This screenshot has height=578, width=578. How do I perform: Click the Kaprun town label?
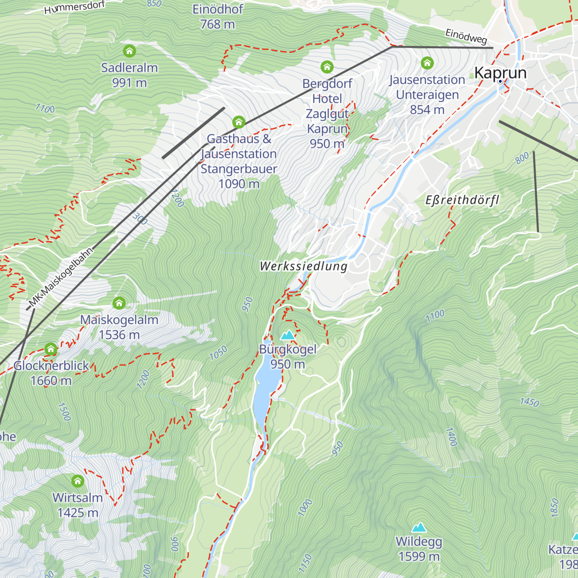pyautogui.click(x=500, y=73)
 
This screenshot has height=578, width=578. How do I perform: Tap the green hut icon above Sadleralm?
pyautogui.click(x=129, y=51)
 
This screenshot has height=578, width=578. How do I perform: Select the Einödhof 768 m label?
pyautogui.click(x=218, y=16)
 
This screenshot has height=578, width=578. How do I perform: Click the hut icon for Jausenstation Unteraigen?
pyautogui.click(x=427, y=63)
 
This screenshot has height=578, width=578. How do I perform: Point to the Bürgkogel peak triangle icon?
pyautogui.click(x=288, y=335)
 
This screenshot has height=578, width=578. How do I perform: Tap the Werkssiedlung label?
pyautogui.click(x=303, y=266)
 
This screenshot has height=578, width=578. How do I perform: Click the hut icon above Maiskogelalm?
pyautogui.click(x=119, y=303)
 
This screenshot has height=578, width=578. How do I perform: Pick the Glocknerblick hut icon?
pyautogui.click(x=51, y=349)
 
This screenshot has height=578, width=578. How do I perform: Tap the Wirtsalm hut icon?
pyautogui.click(x=78, y=481)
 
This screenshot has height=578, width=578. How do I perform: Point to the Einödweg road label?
pyautogui.click(x=466, y=37)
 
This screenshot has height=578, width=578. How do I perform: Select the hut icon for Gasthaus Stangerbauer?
pyautogui.click(x=239, y=122)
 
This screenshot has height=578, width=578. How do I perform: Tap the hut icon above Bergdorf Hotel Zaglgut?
pyautogui.click(x=327, y=66)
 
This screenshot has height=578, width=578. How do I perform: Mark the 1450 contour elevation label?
pyautogui.click(x=529, y=401)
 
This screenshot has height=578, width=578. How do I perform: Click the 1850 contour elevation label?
pyautogui.click(x=554, y=508)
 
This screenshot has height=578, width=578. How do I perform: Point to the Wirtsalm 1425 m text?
pyautogui.click(x=78, y=505)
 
